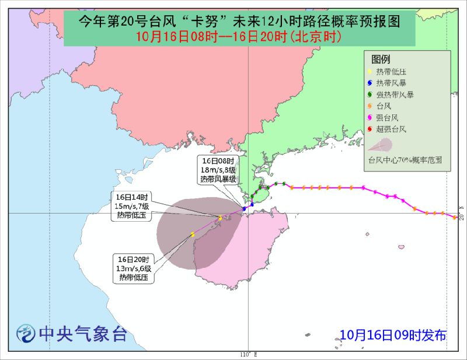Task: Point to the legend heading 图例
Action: pyautogui.click(x=380, y=60)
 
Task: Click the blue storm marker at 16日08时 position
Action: pyautogui.click(x=244, y=208)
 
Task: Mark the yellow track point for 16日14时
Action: pyautogui.click(x=219, y=218)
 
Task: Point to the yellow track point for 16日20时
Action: pyautogui.click(x=191, y=235)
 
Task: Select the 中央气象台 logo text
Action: pyautogui.click(x=82, y=334)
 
